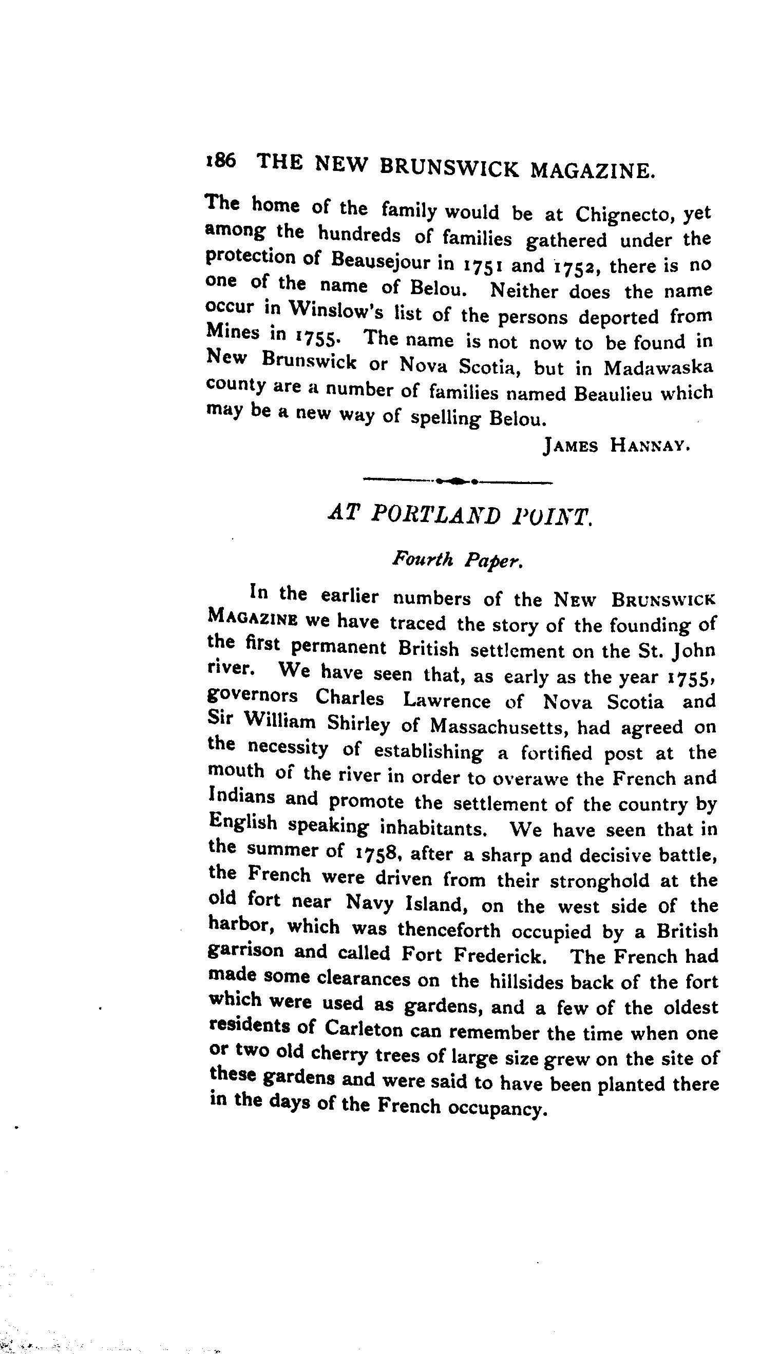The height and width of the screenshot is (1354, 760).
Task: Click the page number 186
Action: (x=220, y=161)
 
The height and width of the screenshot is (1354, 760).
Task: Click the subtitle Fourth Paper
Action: (x=457, y=560)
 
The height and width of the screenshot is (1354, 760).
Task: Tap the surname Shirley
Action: (x=358, y=725)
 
